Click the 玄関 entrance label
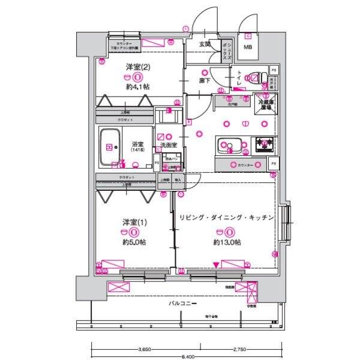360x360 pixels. tap(205, 44)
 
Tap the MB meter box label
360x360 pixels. tap(247, 48)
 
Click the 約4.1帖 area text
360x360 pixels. tap(137, 87)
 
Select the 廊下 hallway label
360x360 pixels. tap(204, 79)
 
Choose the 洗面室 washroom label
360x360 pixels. tap(169, 146)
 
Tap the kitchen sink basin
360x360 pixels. tap(230, 145)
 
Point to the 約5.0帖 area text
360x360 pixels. tap(134, 242)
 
